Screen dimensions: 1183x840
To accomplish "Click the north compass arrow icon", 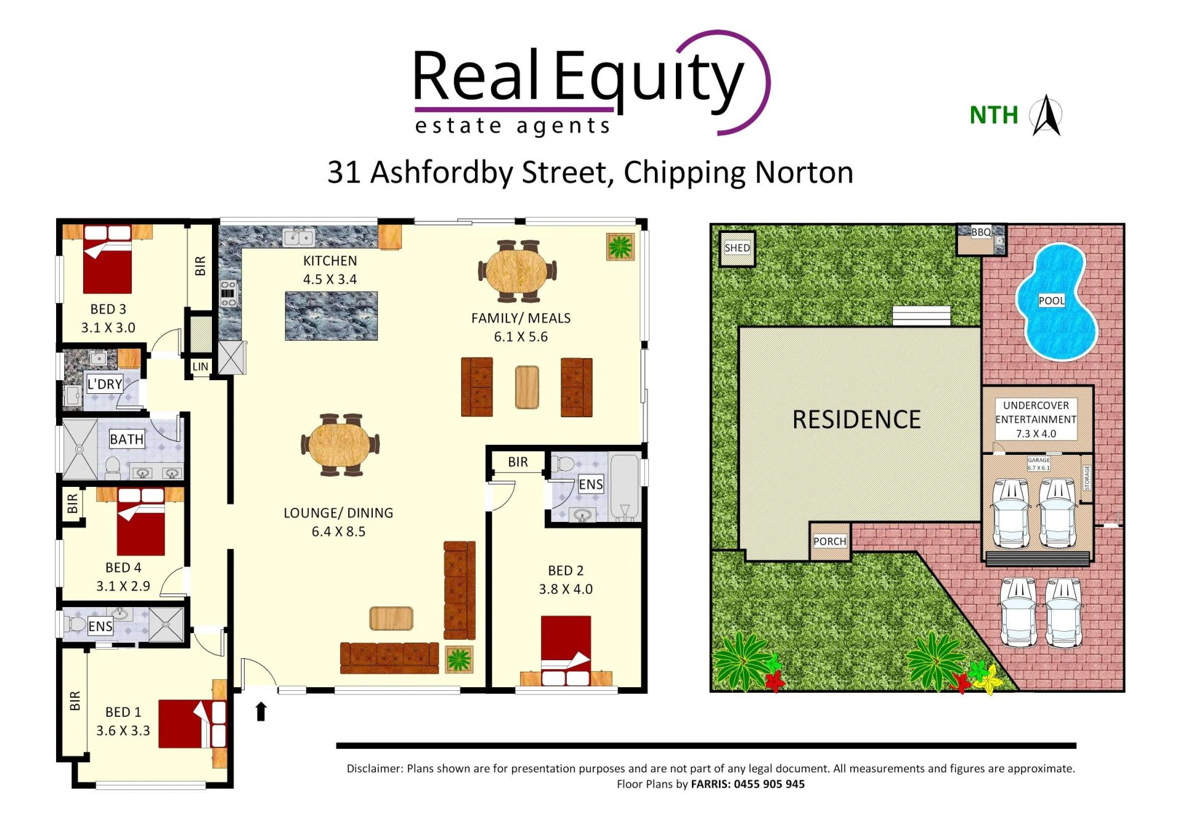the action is [x=1047, y=115].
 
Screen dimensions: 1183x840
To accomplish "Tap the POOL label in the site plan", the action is [x=1051, y=301].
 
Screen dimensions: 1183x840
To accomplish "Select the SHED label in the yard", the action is [x=737, y=248].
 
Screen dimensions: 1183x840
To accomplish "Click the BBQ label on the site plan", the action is [x=981, y=232].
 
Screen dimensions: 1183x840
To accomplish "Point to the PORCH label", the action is [x=829, y=541].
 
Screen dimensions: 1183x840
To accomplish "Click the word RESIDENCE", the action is [x=856, y=420].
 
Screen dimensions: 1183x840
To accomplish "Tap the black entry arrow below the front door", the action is [x=261, y=711].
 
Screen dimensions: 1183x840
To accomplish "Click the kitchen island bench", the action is [x=331, y=316].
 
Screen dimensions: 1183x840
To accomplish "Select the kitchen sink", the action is [x=298, y=237].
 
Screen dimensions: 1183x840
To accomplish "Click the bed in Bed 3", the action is [x=107, y=259].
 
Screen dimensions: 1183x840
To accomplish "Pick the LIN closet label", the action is [x=200, y=367].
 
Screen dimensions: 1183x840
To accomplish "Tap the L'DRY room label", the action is [x=105, y=385].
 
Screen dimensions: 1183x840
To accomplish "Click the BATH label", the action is [x=126, y=439].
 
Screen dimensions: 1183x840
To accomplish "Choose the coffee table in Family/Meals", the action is [x=527, y=387].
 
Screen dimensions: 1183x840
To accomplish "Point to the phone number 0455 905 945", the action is [x=769, y=784].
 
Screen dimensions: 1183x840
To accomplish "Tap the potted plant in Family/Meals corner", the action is [x=620, y=247].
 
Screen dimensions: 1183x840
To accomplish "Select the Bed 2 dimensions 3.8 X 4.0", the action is [x=566, y=589].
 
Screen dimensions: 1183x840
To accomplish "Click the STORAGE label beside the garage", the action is [x=1087, y=478].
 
